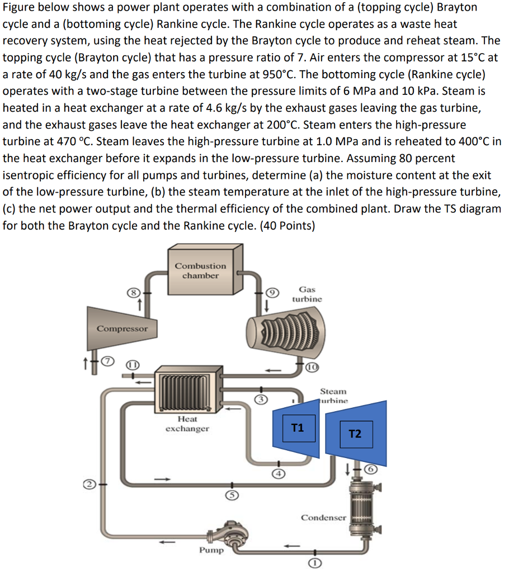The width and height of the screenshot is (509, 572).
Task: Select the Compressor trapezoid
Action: click(x=119, y=328)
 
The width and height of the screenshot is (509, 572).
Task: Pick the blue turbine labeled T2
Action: click(x=356, y=433)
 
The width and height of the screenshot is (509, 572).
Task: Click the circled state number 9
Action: click(x=271, y=291)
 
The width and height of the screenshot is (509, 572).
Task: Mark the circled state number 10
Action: click(x=313, y=366)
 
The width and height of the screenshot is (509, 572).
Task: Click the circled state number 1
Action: click(x=314, y=563)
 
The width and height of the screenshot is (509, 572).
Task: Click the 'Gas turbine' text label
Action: click(x=307, y=294)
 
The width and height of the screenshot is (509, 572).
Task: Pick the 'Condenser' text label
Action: click(x=323, y=517)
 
